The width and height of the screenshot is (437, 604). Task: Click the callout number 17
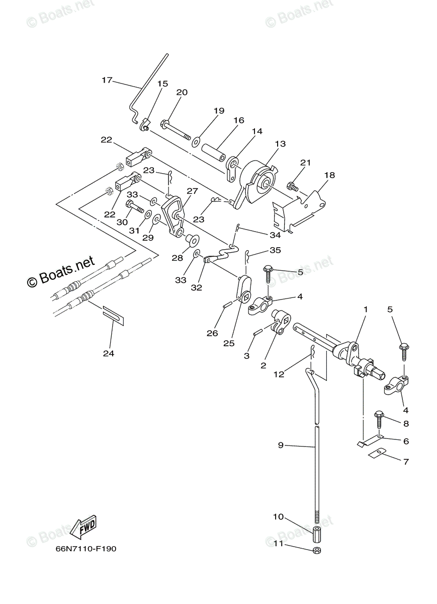[107, 80]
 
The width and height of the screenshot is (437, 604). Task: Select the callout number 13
[280, 144]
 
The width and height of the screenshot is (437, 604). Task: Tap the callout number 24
[109, 353]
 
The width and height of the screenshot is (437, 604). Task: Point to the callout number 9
[281, 445]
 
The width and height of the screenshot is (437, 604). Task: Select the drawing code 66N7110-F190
[86, 549]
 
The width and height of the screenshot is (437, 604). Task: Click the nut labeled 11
[317, 550]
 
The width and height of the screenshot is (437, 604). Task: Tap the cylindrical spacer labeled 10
[317, 533]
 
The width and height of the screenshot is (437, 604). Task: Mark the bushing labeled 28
[192, 239]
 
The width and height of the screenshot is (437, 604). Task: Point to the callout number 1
[366, 310]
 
